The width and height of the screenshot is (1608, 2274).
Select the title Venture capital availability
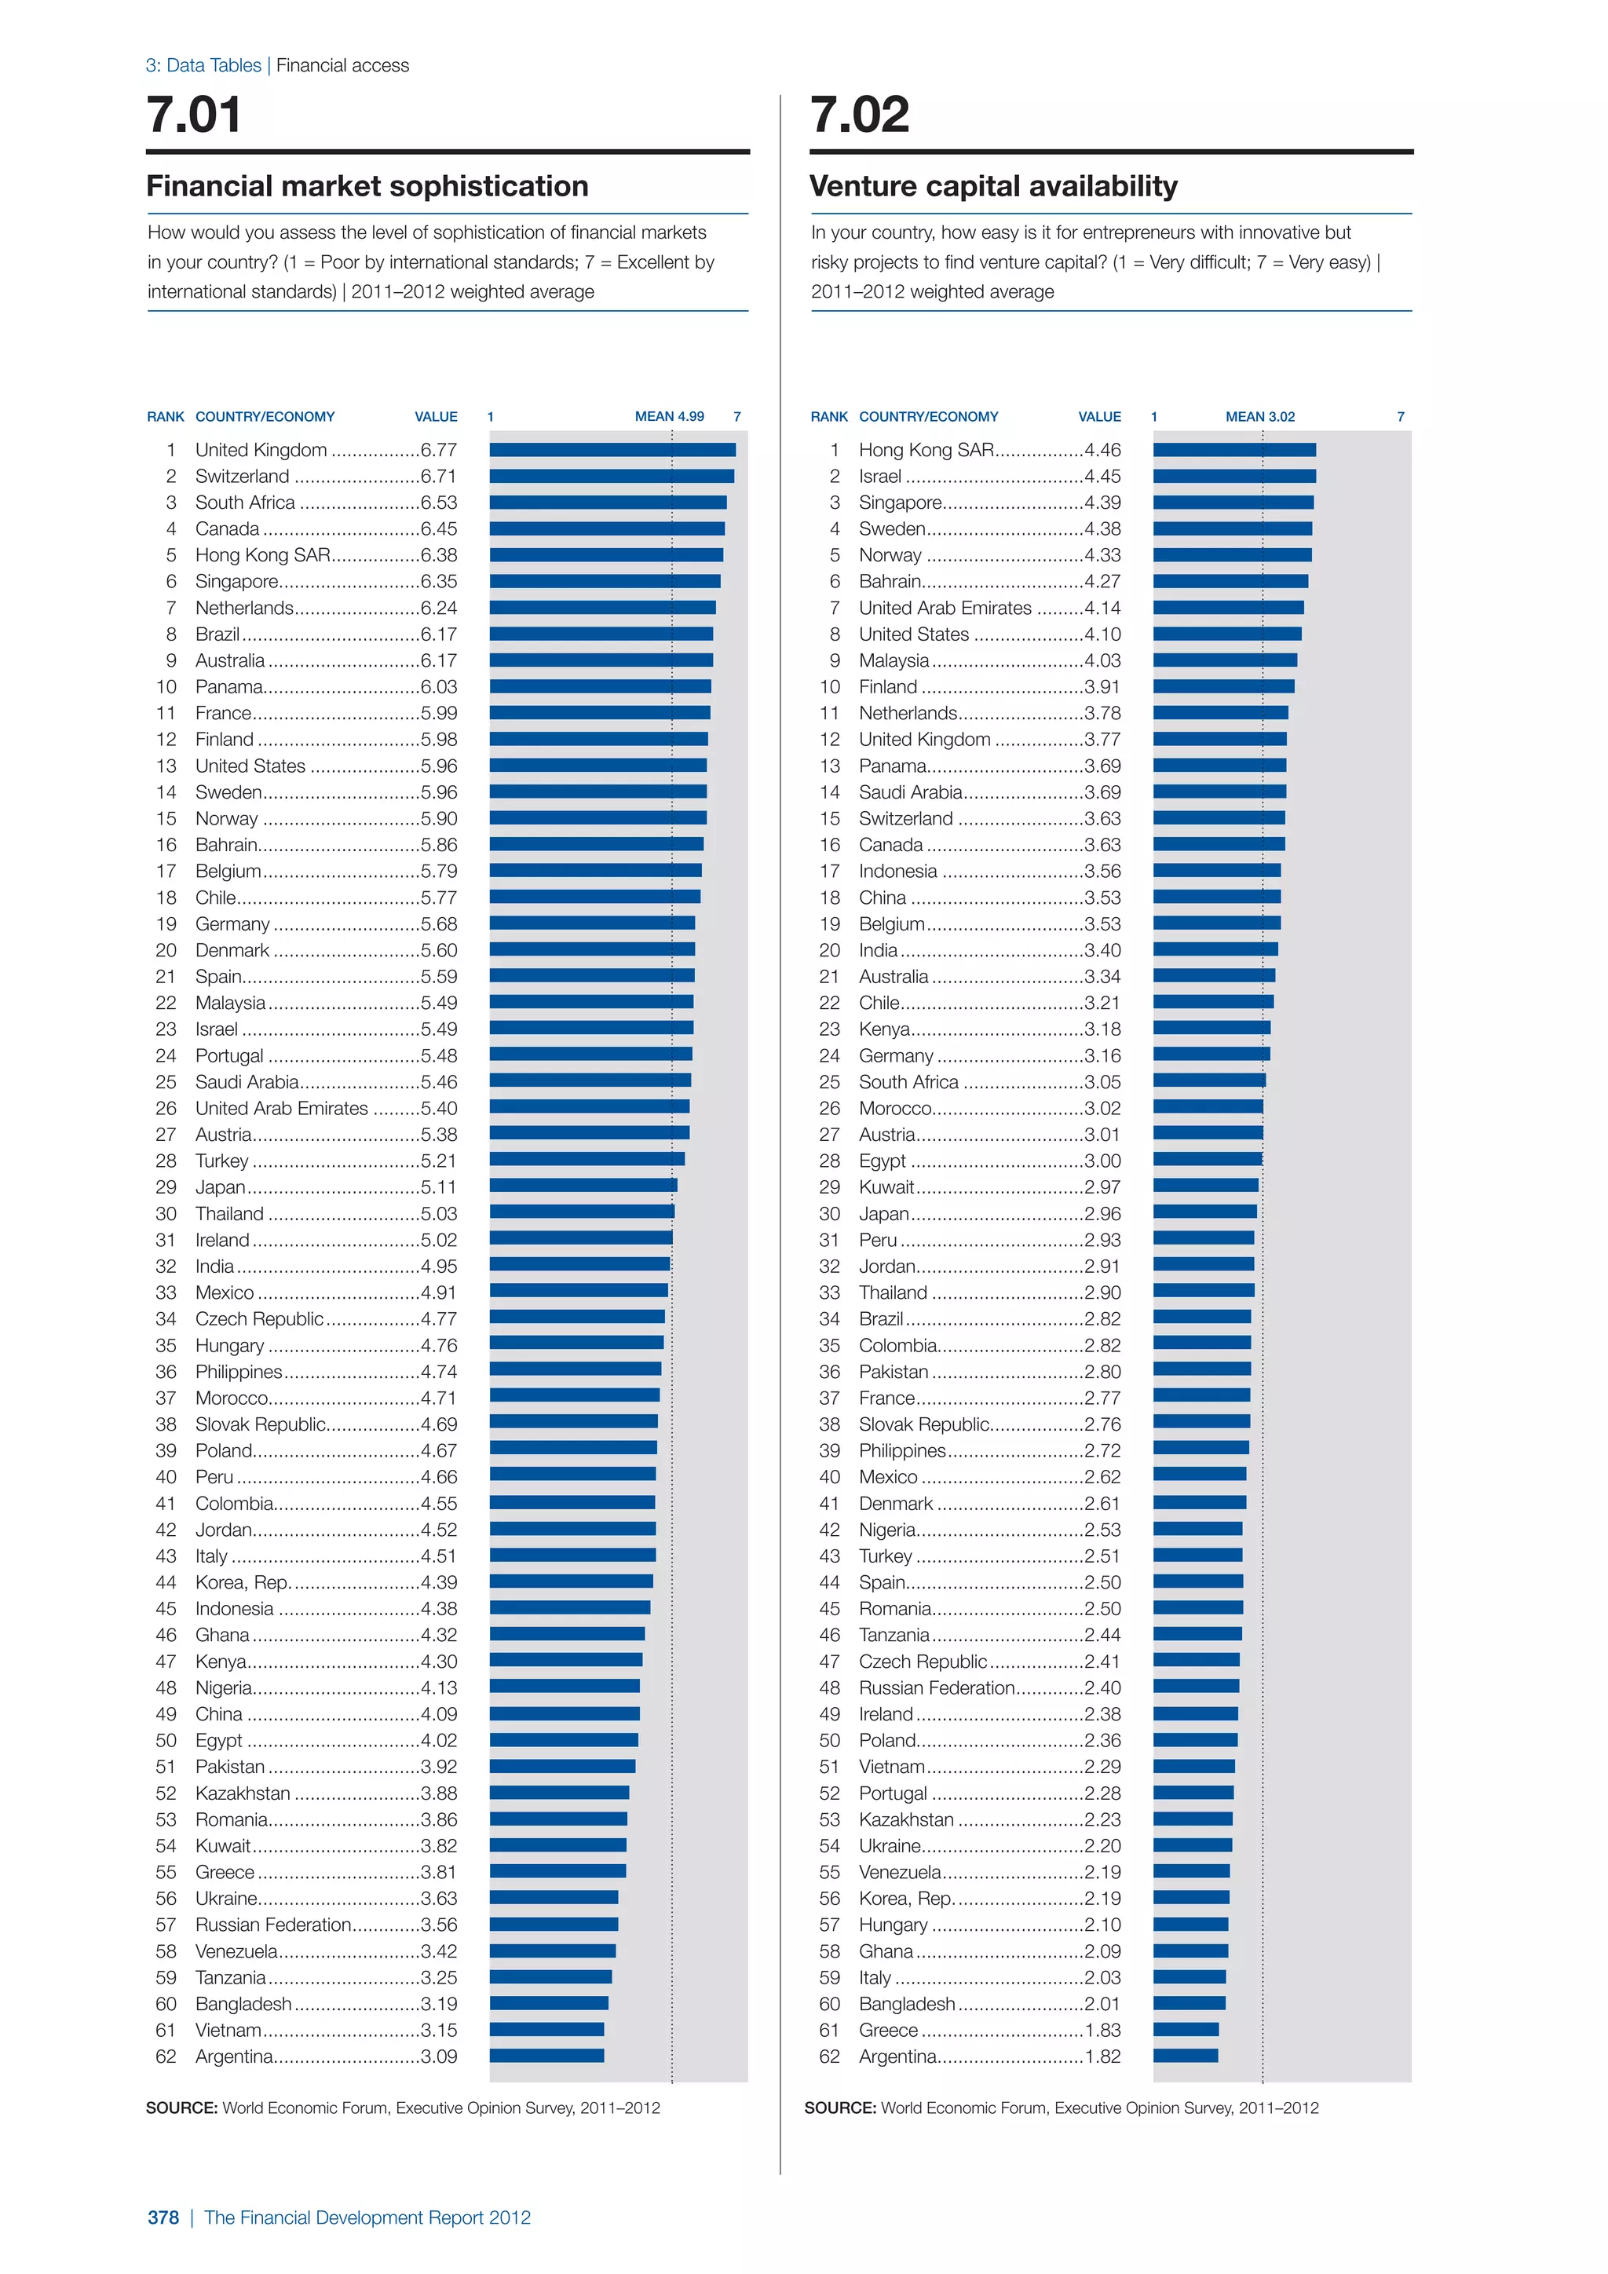pyautogui.click(x=993, y=186)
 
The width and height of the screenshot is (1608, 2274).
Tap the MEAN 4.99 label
pyautogui.click(x=669, y=417)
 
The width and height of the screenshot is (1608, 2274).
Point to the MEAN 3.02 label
pyautogui.click(x=1259, y=417)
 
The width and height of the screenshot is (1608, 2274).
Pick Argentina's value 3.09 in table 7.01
pyautogui.click(x=439, y=2057)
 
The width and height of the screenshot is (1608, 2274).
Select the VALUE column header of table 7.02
pyautogui.click(x=1099, y=417)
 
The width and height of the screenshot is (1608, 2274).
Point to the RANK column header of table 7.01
pyautogui.click(x=166, y=417)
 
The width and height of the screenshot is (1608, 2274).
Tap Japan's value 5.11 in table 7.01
pyautogui.click(x=439, y=1187)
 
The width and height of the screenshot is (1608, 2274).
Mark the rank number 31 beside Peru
pyautogui.click(x=830, y=1240)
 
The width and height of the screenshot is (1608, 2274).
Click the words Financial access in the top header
pyautogui.click(x=342, y=65)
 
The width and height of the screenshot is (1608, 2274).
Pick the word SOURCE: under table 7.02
pyautogui.click(x=839, y=2108)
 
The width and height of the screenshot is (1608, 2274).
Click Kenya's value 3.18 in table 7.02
pyautogui.click(x=1102, y=1029)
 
